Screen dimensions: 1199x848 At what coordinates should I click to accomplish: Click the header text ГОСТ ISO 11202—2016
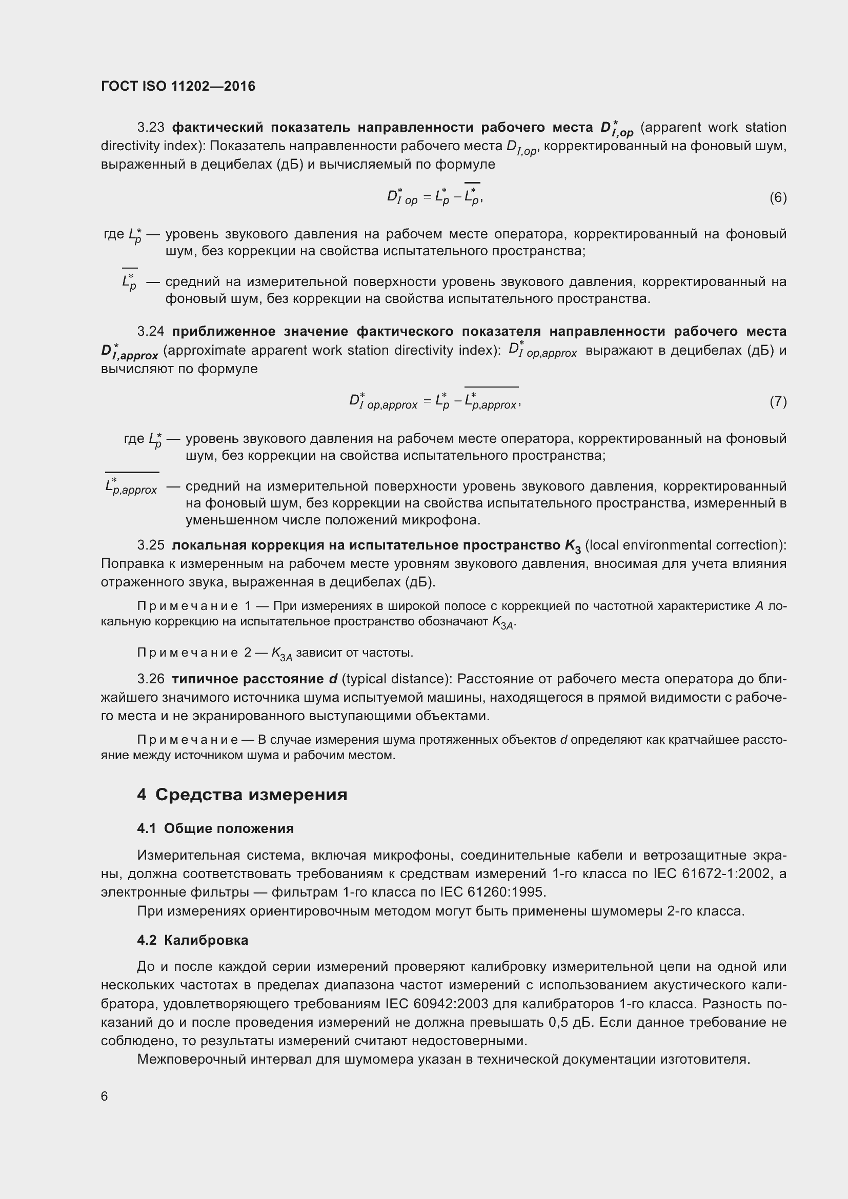(178, 86)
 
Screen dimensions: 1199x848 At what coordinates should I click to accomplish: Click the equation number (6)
(778, 197)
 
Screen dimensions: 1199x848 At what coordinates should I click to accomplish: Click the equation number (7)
(778, 401)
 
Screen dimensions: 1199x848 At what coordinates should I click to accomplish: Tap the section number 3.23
(150, 128)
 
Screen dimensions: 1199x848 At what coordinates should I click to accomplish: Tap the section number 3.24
(150, 332)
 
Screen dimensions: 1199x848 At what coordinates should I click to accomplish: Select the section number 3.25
(150, 545)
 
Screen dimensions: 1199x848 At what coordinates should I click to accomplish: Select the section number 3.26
(150, 679)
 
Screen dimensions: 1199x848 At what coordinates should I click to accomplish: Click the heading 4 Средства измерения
(243, 795)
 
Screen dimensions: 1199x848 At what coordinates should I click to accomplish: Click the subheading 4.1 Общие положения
(215, 829)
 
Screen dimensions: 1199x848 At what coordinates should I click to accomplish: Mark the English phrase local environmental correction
(685, 545)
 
